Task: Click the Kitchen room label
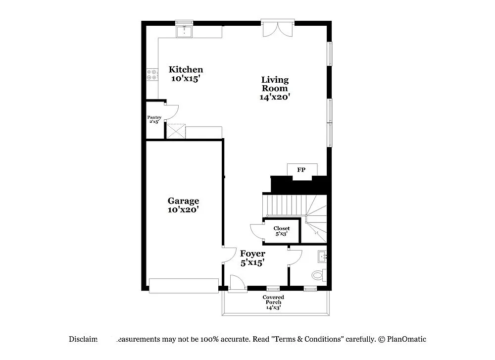pyautogui.click(x=186, y=70)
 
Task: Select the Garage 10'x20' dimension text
pyautogui.click(x=183, y=209)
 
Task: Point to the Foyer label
pyautogui.click(x=252, y=254)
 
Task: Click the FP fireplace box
pyautogui.click(x=301, y=170)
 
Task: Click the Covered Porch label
pyautogui.click(x=273, y=300)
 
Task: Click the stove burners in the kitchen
pyautogui.click(x=151, y=75)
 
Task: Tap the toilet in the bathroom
pyautogui.click(x=318, y=275)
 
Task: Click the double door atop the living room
pyautogui.click(x=278, y=29)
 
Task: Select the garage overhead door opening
pyautogui.click(x=184, y=285)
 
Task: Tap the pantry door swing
pyautogui.click(x=171, y=113)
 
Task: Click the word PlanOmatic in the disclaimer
pyautogui.click(x=406, y=339)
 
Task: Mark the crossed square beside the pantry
pyautogui.click(x=175, y=131)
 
